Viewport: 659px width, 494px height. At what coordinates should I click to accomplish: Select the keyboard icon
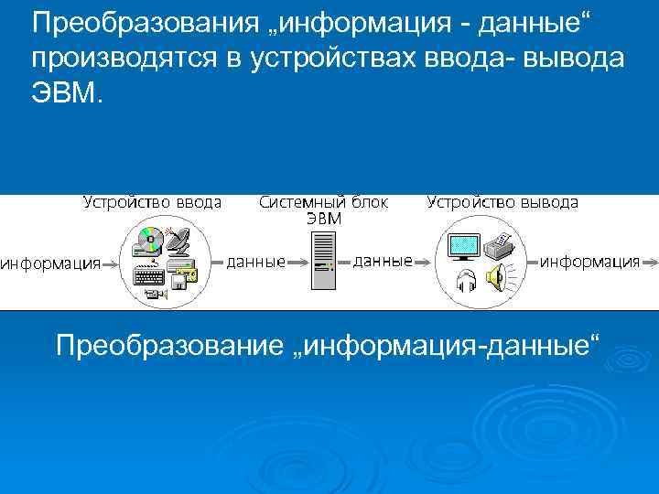tap(147, 273)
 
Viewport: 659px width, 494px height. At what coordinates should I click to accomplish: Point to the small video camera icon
tap(152, 293)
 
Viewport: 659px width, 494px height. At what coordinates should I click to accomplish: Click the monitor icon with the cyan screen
tap(464, 244)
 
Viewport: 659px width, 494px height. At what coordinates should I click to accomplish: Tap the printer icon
tap(499, 244)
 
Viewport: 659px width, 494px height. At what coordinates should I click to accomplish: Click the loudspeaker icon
tap(497, 277)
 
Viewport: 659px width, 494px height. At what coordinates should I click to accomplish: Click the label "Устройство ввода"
tap(152, 202)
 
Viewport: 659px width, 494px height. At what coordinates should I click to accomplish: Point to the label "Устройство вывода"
tap(502, 202)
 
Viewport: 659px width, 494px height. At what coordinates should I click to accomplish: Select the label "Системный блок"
tap(323, 202)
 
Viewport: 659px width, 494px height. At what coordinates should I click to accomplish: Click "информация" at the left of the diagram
tap(50, 264)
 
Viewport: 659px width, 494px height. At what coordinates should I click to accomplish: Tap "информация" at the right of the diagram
tap(589, 262)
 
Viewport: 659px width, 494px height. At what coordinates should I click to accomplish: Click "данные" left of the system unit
tap(255, 262)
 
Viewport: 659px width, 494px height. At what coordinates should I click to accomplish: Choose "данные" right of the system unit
tap(383, 262)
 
